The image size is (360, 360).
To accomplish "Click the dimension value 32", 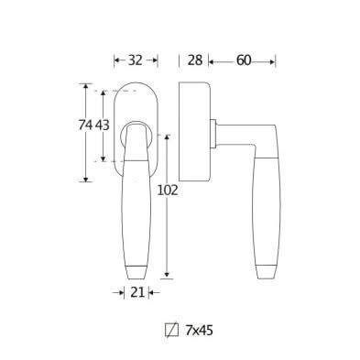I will tap(134, 60).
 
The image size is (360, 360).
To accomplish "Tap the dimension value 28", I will tap(194, 60).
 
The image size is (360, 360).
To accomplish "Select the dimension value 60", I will tap(242, 60).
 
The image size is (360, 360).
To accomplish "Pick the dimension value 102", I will tap(166, 191).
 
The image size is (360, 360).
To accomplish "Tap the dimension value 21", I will tap(136, 293).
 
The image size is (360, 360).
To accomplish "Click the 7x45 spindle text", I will tap(199, 326).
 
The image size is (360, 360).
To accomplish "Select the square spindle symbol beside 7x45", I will tap(169, 326).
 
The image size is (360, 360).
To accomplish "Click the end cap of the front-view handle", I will tap(135, 273).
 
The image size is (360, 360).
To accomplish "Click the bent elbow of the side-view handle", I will tap(266, 137).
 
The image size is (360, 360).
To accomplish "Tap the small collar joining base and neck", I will tap(214, 133).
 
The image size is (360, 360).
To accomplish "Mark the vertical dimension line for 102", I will tap(167, 229).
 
